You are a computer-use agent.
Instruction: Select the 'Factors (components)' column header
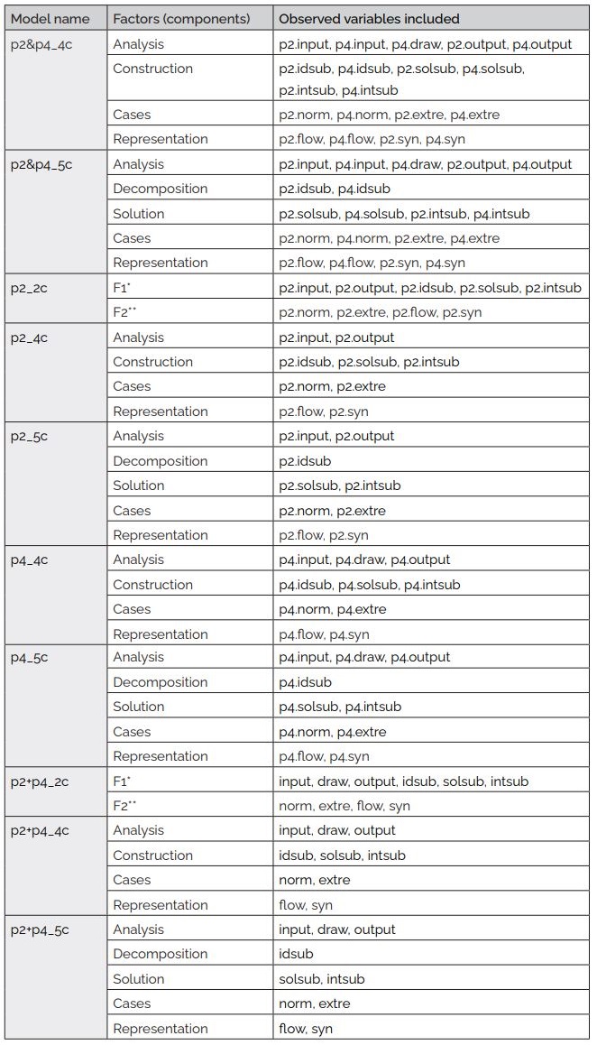click(x=180, y=19)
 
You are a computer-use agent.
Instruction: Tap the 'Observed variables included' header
click(x=369, y=19)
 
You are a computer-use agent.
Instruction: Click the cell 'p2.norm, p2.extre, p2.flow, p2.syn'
click(x=381, y=312)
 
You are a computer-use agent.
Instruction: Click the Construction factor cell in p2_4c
click(x=152, y=362)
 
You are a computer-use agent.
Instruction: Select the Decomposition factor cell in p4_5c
click(x=160, y=682)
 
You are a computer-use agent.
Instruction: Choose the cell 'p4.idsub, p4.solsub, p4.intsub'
click(x=370, y=585)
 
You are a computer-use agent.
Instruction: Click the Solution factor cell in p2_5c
click(x=138, y=486)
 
